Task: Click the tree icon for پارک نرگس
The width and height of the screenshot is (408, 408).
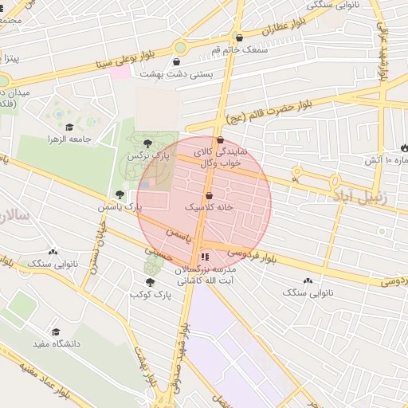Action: (x=147, y=143)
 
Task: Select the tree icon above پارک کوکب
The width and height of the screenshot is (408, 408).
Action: (x=150, y=281)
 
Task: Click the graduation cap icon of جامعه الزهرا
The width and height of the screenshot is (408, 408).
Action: (x=69, y=127)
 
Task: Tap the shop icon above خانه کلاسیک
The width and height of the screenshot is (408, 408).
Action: (x=209, y=194)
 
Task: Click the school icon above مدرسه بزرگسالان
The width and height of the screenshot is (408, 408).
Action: (x=205, y=257)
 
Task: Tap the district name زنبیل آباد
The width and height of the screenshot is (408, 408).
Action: (x=359, y=195)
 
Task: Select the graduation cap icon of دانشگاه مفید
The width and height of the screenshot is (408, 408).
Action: (x=56, y=331)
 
